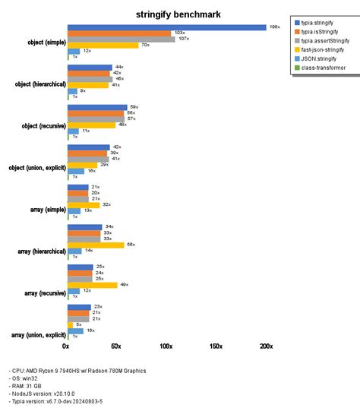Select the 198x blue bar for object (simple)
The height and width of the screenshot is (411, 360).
point(167,27)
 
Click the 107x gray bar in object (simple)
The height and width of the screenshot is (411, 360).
point(121,39)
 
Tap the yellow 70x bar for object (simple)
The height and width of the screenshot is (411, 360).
point(103,45)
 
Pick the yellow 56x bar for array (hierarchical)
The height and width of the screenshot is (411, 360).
point(96,245)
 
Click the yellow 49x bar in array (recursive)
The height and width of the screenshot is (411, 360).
point(92,285)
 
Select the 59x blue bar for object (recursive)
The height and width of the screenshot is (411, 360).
point(97,107)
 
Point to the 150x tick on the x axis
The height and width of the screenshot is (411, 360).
point(216,346)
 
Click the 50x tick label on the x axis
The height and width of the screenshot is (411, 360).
point(116,346)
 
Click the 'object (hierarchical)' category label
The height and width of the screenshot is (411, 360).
point(33,84)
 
